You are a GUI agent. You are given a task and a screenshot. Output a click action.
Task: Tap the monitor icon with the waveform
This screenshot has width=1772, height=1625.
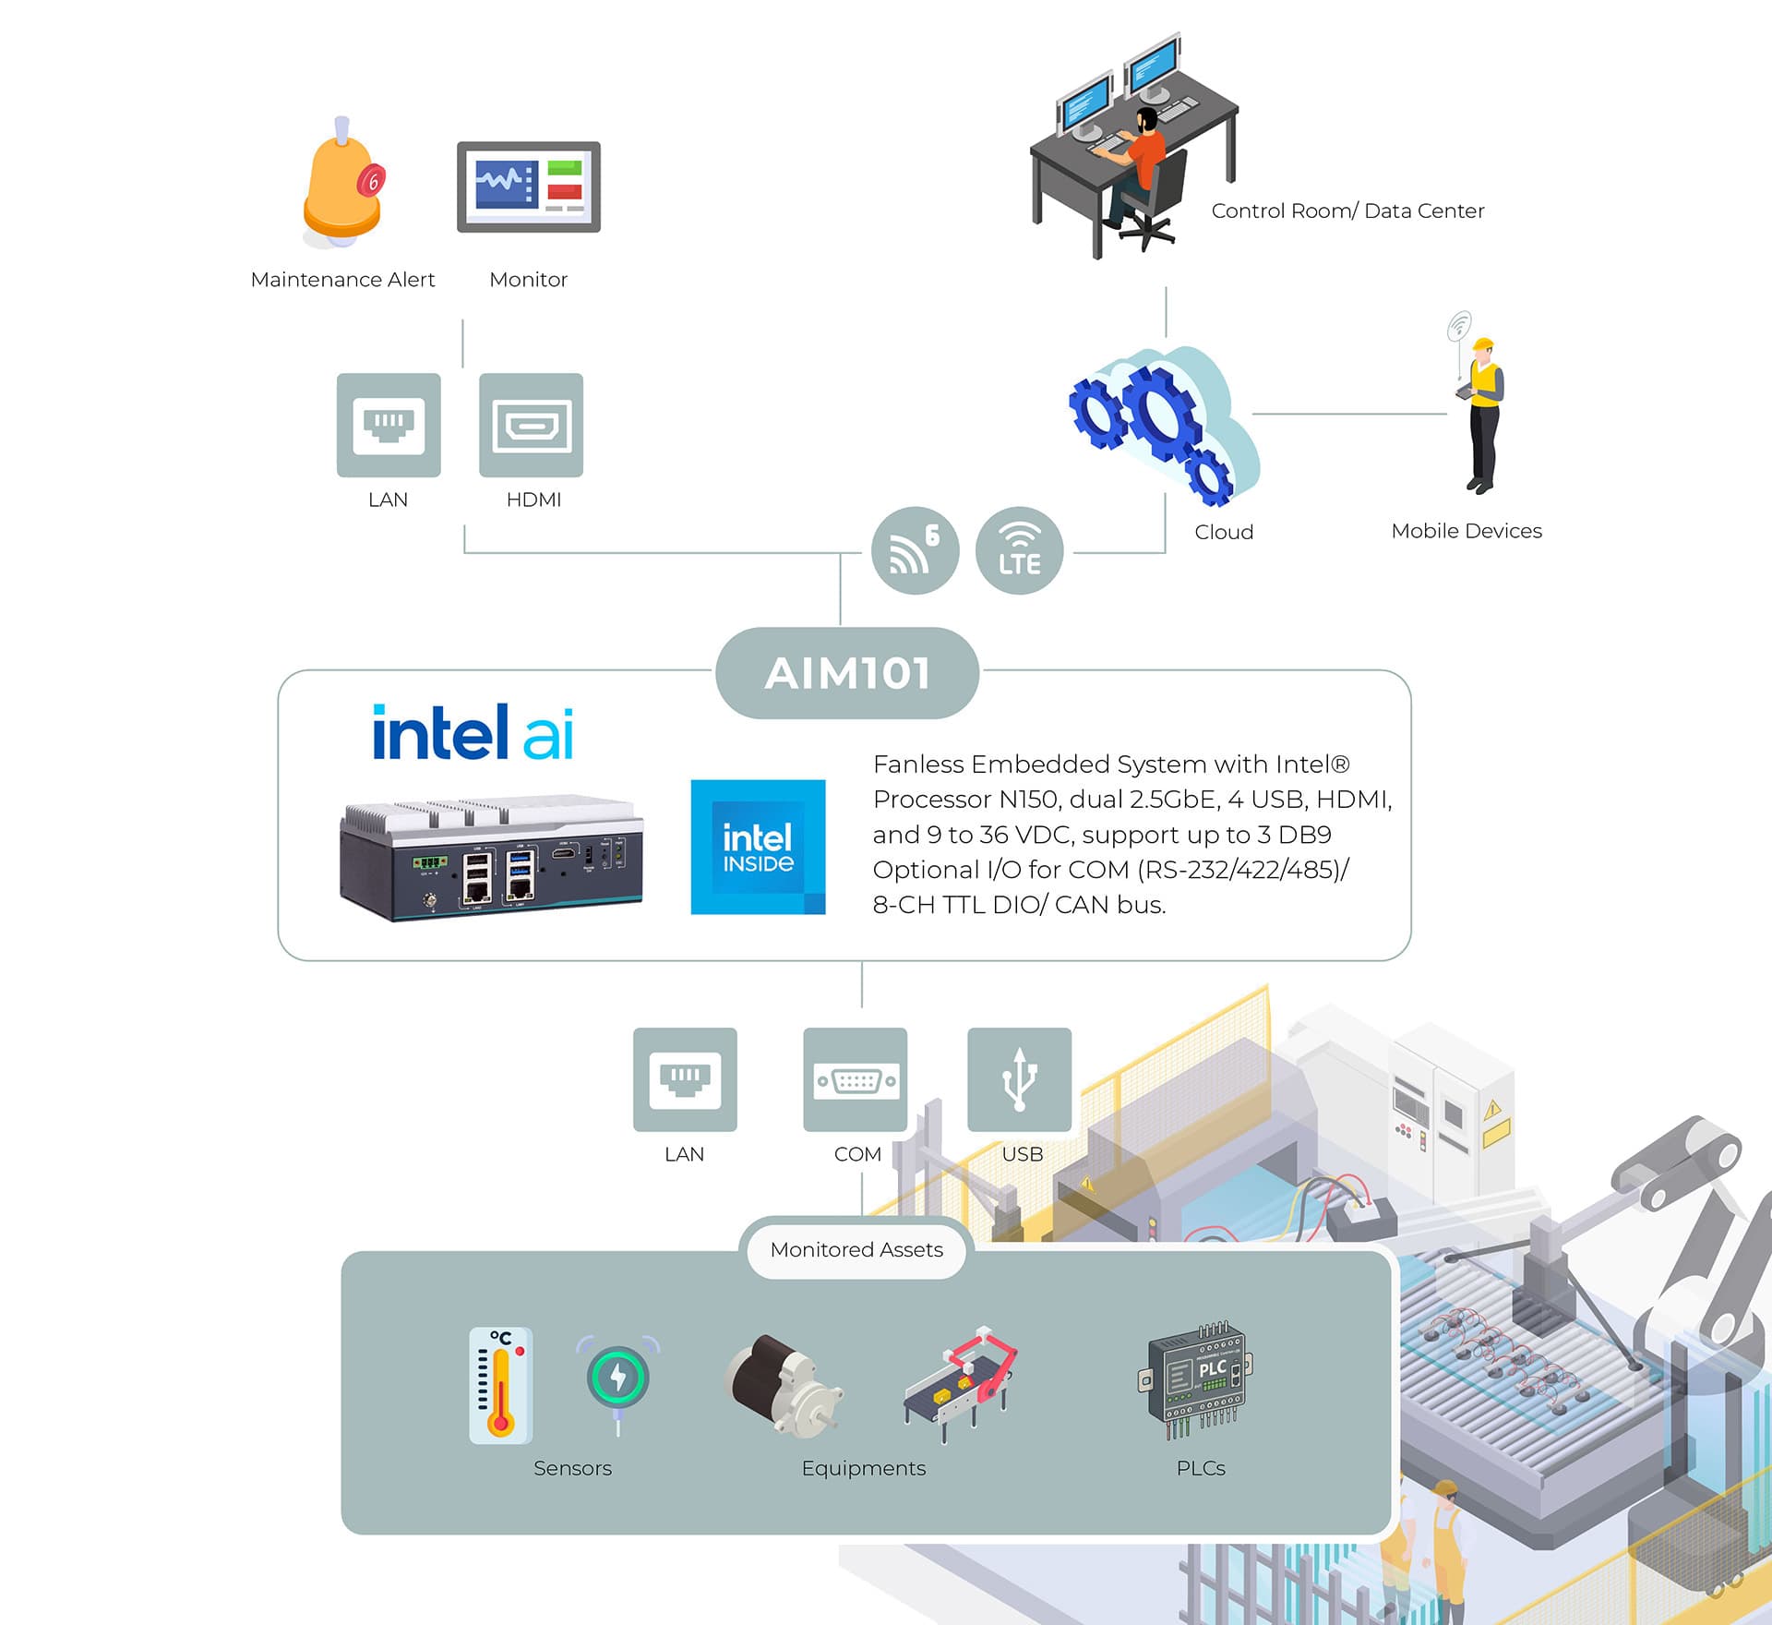529,187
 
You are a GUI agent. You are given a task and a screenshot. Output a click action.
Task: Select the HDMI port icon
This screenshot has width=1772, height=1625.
532,425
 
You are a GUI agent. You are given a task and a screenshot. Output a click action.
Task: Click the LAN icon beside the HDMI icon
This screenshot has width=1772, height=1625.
389,425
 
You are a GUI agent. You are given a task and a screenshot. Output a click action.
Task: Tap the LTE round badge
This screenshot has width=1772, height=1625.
1019,550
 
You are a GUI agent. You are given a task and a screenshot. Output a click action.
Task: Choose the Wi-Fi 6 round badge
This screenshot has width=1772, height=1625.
916,550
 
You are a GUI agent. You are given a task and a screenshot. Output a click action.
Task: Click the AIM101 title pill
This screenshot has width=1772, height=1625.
847,673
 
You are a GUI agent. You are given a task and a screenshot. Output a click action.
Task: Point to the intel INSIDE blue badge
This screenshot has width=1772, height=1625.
759,847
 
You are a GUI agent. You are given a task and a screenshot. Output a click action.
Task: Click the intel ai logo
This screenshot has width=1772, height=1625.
473,733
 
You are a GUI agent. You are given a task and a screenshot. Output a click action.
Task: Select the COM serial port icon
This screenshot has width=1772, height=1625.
856,1079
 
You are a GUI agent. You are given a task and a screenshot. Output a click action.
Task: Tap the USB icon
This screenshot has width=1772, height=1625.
1020,1079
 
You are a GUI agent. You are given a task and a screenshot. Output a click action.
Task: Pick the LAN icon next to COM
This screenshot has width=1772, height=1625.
685,1079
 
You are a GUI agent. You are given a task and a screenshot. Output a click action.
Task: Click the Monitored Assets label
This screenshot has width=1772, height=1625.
856,1249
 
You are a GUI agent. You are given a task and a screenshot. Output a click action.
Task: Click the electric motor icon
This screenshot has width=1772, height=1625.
784,1385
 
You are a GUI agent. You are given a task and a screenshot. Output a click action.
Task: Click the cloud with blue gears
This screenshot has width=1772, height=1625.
1163,425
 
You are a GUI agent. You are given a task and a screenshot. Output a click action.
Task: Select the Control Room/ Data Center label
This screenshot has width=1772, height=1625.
1347,211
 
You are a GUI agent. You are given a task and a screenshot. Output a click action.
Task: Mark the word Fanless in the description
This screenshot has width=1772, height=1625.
918,764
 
